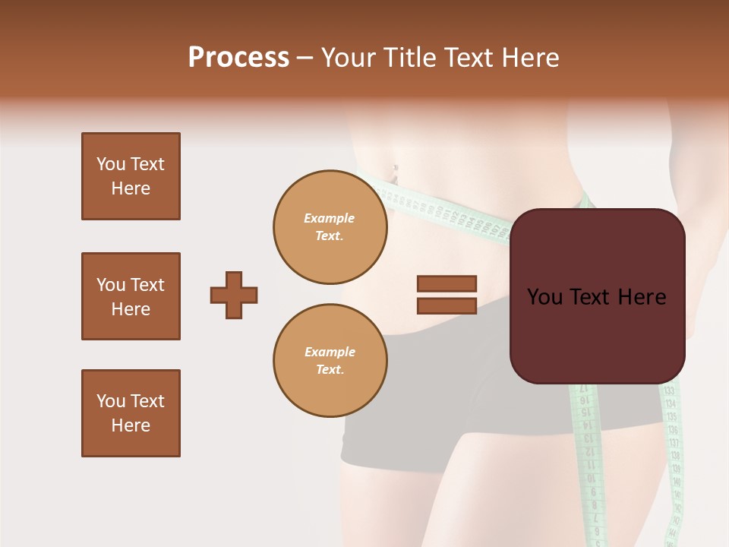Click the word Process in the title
pyautogui.click(x=238, y=58)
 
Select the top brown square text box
pyautogui.click(x=131, y=176)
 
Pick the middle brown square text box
pyautogui.click(x=131, y=296)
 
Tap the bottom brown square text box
pyautogui.click(x=131, y=413)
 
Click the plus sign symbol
pyautogui.click(x=234, y=295)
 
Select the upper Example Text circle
pyautogui.click(x=330, y=226)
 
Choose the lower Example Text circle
pyautogui.click(x=330, y=360)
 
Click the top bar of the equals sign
pyautogui.click(x=447, y=284)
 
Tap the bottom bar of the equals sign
pyautogui.click(x=447, y=305)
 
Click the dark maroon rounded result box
pyautogui.click(x=597, y=296)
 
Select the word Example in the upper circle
pyautogui.click(x=329, y=218)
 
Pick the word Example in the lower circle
pyautogui.click(x=330, y=352)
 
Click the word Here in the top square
pyautogui.click(x=131, y=188)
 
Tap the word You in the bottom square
pyautogui.click(x=110, y=400)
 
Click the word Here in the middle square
pyautogui.click(x=131, y=309)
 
